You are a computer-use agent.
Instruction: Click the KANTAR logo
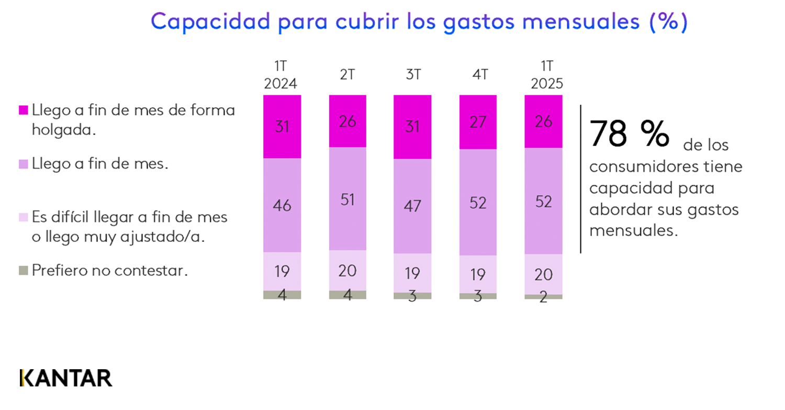click(x=66, y=378)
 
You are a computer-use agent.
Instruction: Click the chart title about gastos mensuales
click(x=419, y=22)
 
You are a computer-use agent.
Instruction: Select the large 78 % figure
click(x=629, y=134)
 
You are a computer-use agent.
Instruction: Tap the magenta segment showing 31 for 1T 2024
click(x=282, y=127)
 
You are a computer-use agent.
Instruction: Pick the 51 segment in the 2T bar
click(x=347, y=199)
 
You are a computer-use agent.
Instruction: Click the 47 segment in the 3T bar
click(x=412, y=206)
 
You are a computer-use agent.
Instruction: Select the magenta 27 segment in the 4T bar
click(x=478, y=122)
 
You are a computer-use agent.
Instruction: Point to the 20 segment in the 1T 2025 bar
click(x=543, y=274)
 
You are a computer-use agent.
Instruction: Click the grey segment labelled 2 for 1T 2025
click(x=543, y=297)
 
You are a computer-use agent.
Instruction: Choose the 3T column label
click(x=413, y=75)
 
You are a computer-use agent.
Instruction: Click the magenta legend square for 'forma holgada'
click(x=23, y=110)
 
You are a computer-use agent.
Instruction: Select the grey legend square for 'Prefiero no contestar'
click(x=23, y=271)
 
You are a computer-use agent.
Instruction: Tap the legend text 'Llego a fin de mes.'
click(x=100, y=164)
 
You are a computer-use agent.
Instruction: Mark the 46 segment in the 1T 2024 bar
click(x=282, y=205)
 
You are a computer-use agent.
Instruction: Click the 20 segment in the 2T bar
click(x=347, y=270)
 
